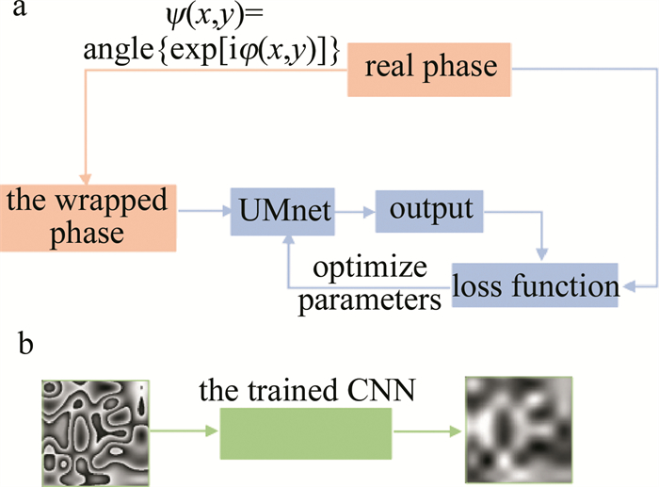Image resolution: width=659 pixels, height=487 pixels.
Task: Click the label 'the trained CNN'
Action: [x=306, y=388]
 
